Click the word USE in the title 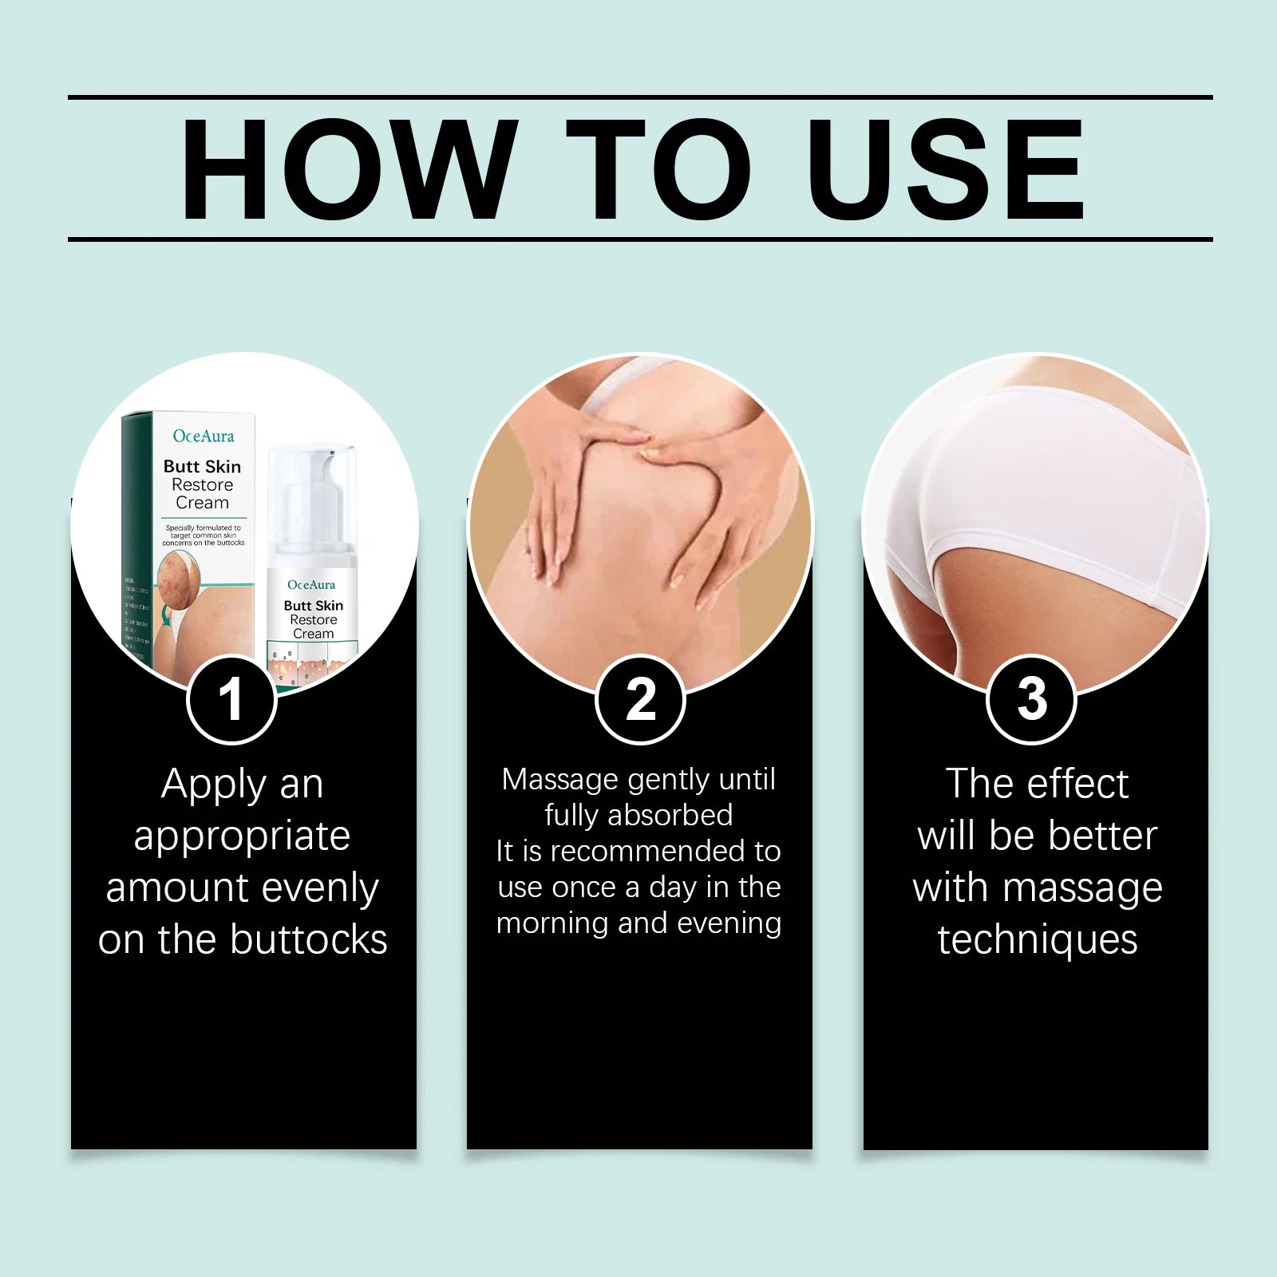tap(946, 169)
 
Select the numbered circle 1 tap(231, 700)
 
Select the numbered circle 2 tap(640, 700)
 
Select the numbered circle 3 tap(1031, 700)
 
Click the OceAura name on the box tap(204, 436)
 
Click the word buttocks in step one tap(309, 939)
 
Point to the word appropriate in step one tap(242, 836)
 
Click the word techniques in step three tap(1037, 939)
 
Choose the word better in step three tap(1101, 836)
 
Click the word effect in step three tap(1077, 784)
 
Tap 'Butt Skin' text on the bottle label tap(313, 606)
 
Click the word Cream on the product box tap(202, 503)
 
